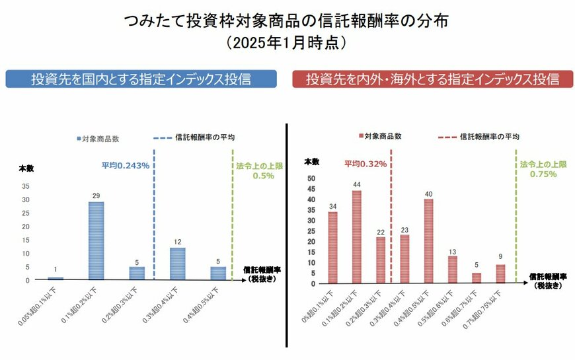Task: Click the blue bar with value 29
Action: coord(96,240)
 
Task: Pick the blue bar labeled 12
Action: coord(177,264)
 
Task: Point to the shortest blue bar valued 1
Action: coord(56,278)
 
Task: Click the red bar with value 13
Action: coord(452,270)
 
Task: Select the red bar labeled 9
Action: coord(500,274)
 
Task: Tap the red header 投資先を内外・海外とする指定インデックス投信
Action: coord(433,79)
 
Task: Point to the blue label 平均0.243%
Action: coord(125,165)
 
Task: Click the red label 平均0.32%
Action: coord(365,164)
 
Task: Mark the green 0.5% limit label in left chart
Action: coord(260,175)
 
